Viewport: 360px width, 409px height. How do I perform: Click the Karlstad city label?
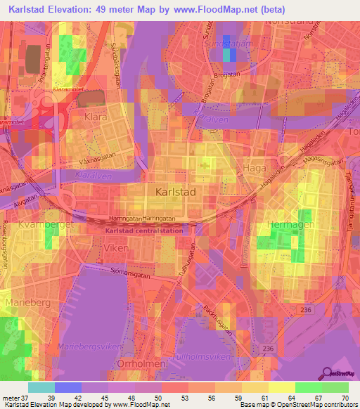175,190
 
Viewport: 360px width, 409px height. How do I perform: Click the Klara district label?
94,117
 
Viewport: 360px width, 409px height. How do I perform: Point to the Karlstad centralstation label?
143,230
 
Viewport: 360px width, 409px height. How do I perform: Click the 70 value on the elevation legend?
344,398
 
